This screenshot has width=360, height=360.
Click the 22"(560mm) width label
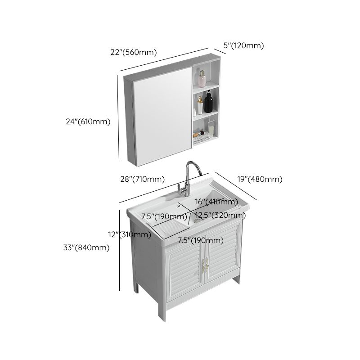[134, 52]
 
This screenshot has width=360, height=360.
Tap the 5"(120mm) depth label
[243, 45]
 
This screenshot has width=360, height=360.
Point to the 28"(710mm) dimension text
[143, 180]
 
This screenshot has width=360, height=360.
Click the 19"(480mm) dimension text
[260, 179]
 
